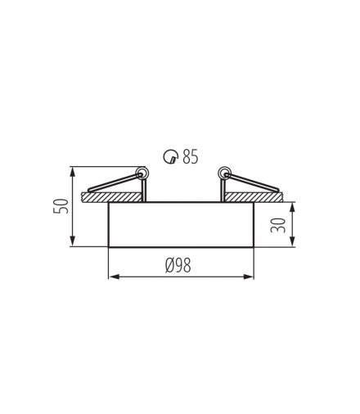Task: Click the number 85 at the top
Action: click(x=191, y=156)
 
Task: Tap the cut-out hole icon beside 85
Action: click(x=170, y=157)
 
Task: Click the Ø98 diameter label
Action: click(x=179, y=265)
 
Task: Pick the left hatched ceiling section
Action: click(x=111, y=197)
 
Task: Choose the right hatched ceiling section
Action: click(x=252, y=197)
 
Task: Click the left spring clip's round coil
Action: click(x=142, y=173)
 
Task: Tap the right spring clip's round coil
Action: click(x=223, y=173)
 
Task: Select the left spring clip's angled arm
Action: click(x=115, y=183)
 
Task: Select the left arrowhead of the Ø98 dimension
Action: click(x=113, y=277)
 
